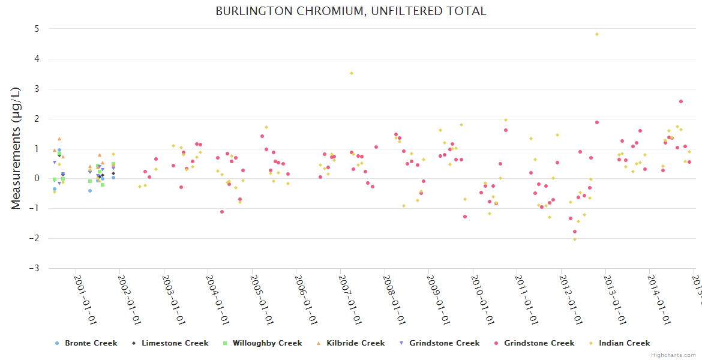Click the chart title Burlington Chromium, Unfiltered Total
pos(351,11)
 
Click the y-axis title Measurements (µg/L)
pos(16,148)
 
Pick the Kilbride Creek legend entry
pos(355,343)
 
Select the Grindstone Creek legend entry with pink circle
pos(539,343)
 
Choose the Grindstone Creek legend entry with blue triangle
pos(444,343)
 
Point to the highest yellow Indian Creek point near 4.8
pos(597,34)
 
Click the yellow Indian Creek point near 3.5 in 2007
pos(352,73)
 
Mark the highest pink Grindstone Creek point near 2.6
pos(681,101)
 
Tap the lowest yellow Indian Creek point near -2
pos(574,239)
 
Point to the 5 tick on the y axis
pos(37,29)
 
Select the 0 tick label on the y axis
pos(37,178)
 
